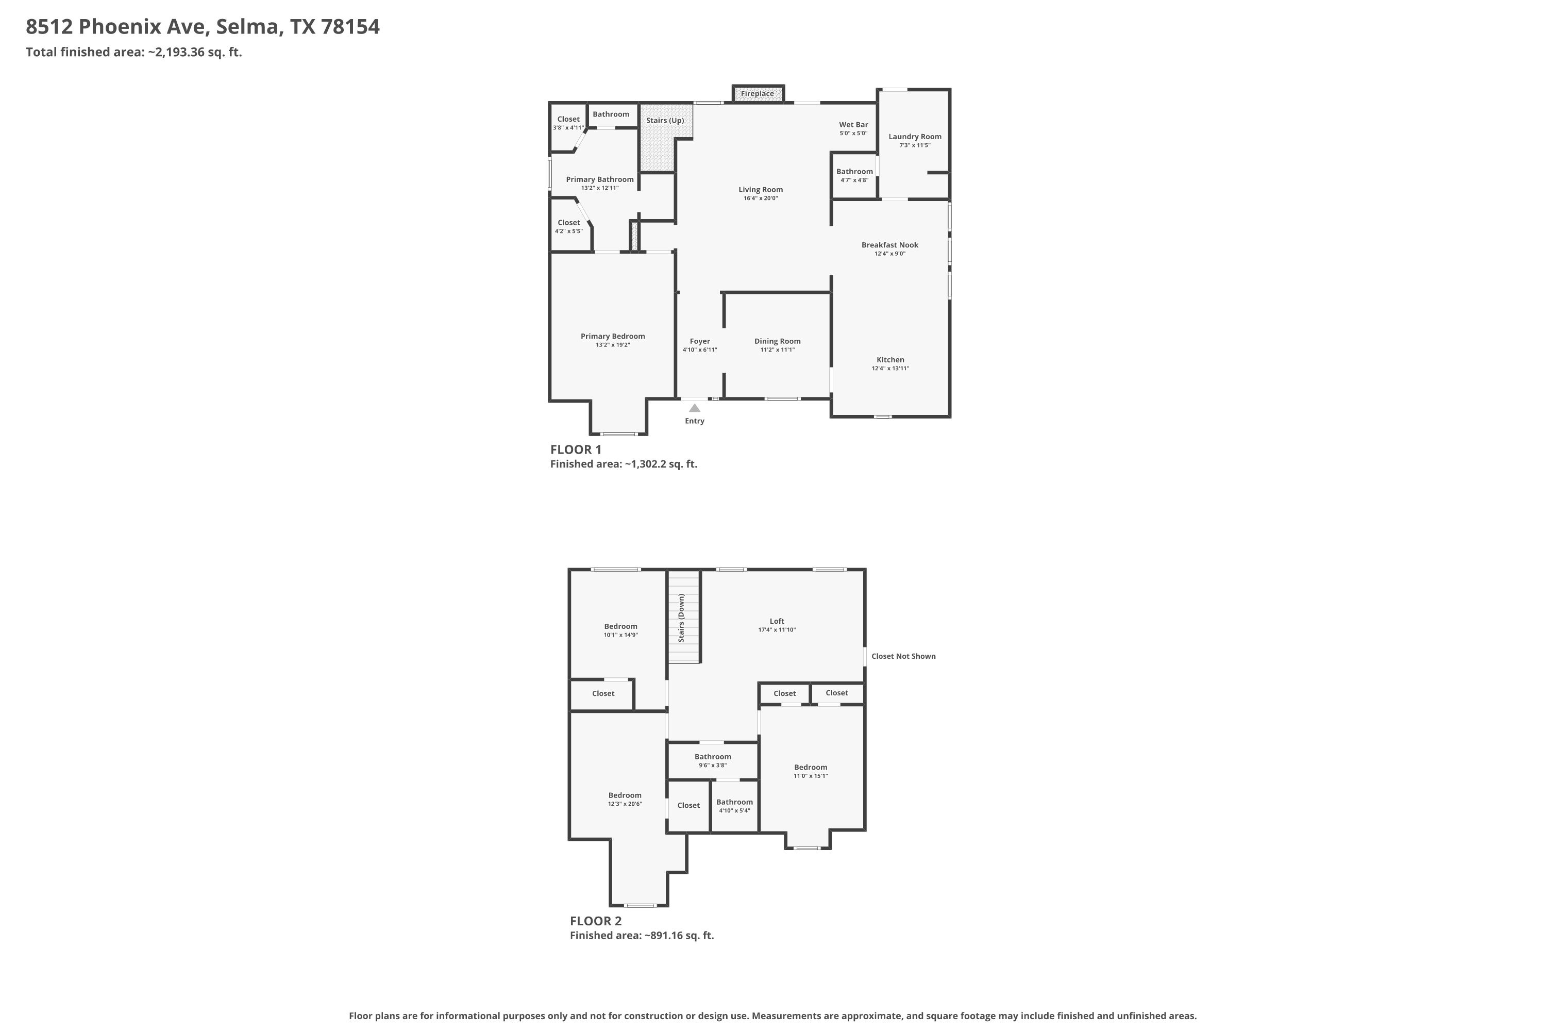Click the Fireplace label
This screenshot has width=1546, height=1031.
pos(757,94)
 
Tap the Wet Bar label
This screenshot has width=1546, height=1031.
pos(853,125)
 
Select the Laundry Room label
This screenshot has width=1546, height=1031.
pos(914,137)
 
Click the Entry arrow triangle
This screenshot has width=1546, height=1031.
pos(694,408)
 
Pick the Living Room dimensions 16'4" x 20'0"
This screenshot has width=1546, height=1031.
pos(761,198)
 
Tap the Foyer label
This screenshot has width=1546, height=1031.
pos(699,341)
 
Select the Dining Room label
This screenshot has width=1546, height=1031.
pos(777,341)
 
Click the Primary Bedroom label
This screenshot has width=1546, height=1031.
pos(612,337)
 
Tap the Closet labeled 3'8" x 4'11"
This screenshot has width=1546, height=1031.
pos(568,120)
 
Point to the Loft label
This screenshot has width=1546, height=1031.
pos(776,621)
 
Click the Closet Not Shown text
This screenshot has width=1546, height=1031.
pos(903,656)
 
